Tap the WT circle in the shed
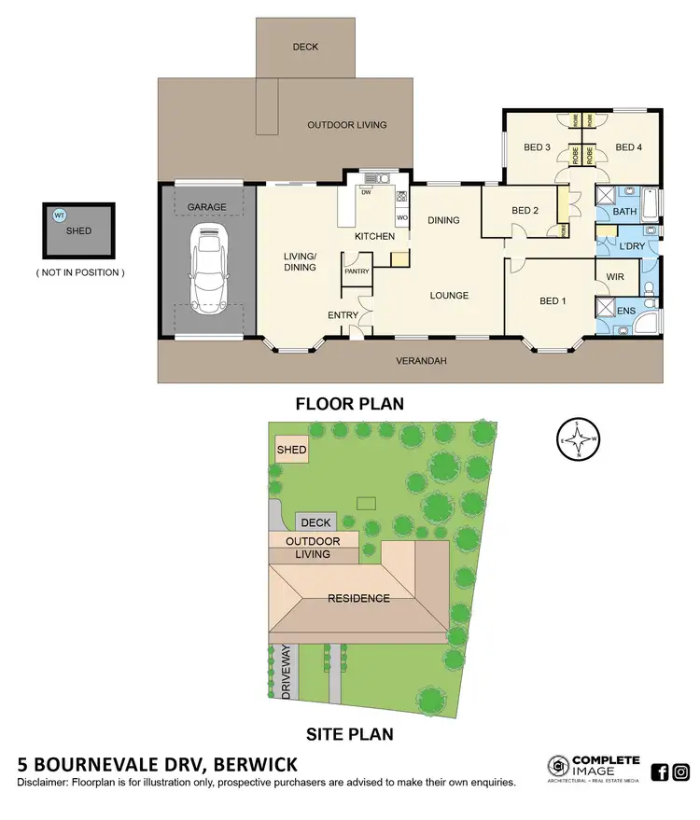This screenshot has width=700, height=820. coord(60,215)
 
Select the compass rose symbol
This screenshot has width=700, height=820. coord(578,440)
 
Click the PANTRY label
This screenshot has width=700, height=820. coord(357,271)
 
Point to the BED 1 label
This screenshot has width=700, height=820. coord(553,301)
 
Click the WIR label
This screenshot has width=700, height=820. coord(615,277)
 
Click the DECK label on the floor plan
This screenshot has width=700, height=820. coord(305,46)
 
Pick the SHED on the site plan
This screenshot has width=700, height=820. coord(291,451)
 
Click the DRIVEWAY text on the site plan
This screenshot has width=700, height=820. coord(286,672)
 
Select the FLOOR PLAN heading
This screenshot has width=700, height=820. coord(349,404)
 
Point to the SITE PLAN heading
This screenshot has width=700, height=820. coord(349,733)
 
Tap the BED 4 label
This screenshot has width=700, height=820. coord(629,147)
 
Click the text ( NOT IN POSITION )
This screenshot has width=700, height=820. coord(79,272)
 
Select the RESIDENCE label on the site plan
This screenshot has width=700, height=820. coord(358,598)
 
